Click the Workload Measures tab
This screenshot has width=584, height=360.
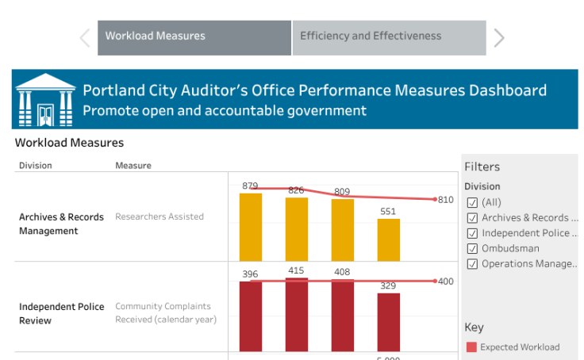194,36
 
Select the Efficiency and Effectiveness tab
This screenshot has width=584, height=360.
389,36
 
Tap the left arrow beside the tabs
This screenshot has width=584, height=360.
85,37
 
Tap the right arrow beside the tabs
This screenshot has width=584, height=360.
499,37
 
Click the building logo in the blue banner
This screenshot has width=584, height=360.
45,100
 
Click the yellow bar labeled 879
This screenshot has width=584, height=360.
251,227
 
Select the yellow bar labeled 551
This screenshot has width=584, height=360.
389,239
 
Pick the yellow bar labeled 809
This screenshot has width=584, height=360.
343,230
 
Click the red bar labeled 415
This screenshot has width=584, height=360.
297,314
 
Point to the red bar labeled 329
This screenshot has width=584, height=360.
389,322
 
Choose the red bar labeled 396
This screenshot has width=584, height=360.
251,316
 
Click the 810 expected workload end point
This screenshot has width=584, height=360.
435,200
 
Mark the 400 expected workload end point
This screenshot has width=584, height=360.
435,281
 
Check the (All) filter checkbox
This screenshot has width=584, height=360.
473,202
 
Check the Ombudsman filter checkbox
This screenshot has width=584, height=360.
473,248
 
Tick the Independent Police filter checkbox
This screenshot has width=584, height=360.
473,233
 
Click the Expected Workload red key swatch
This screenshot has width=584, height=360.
471,347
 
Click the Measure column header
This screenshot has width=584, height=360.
133,166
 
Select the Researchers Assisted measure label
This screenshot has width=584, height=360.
159,216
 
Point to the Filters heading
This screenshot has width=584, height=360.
482,167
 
